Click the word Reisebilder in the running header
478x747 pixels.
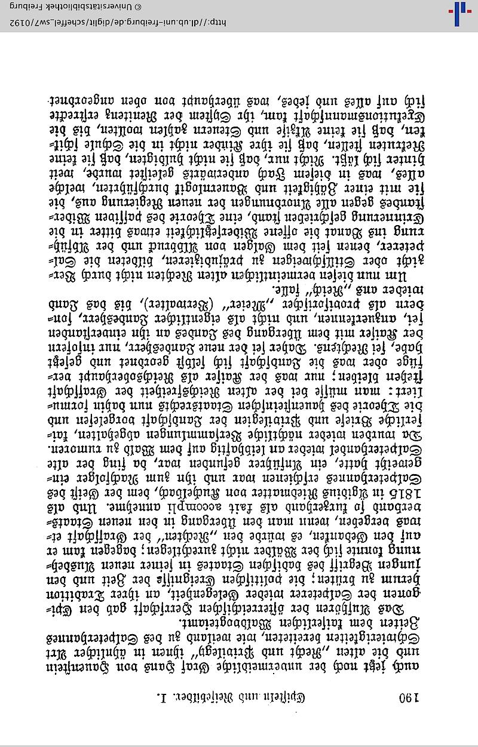(220, 697)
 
